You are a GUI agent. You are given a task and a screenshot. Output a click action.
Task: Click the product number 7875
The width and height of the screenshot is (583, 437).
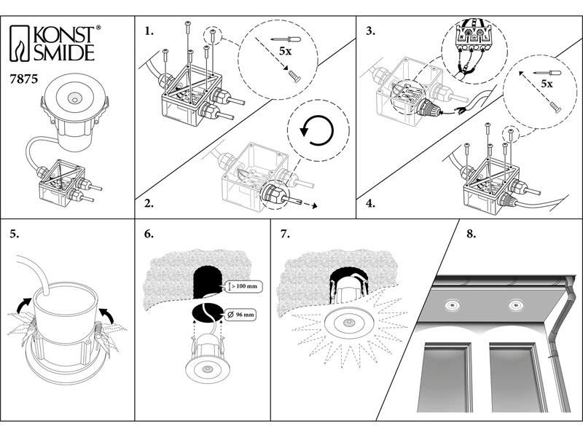point(26,75)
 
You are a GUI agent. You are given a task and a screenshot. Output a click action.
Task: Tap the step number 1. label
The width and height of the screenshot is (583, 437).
point(149,32)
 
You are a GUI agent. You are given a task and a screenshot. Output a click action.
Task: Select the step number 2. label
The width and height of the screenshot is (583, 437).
point(149,204)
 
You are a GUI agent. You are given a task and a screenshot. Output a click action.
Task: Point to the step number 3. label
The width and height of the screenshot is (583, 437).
point(371,32)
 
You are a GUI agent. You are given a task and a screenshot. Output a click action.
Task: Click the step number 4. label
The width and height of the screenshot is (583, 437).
point(371,204)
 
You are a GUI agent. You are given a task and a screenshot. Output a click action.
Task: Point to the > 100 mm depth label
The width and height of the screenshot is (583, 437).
point(244,286)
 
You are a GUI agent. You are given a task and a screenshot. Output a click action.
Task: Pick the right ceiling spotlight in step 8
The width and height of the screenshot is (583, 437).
point(517,304)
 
